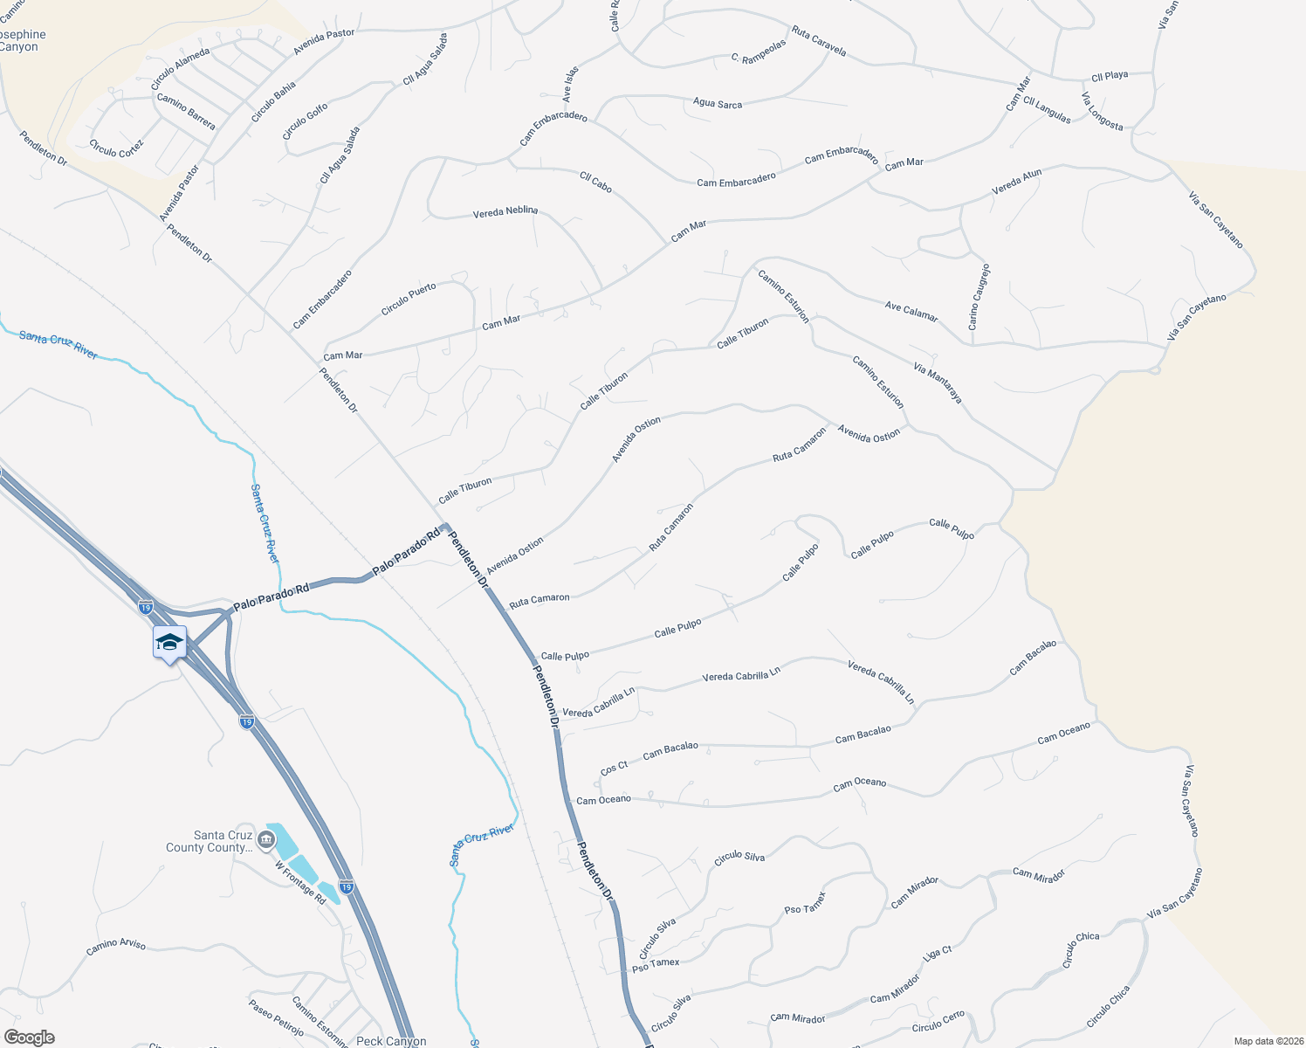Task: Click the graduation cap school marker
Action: (169, 644)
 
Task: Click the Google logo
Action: (29, 1038)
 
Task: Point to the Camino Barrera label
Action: (186, 112)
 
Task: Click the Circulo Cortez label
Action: (116, 148)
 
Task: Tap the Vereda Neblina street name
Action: (505, 212)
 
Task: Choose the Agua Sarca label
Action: (718, 104)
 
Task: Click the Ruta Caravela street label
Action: (819, 41)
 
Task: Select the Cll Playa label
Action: (1110, 76)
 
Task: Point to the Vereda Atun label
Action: (1017, 182)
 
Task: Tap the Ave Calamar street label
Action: (911, 312)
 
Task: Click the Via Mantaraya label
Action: (938, 383)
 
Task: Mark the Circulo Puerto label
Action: (409, 300)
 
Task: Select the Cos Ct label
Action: (615, 768)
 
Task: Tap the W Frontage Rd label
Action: (300, 883)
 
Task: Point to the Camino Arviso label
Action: (116, 946)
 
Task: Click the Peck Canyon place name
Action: (391, 1041)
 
